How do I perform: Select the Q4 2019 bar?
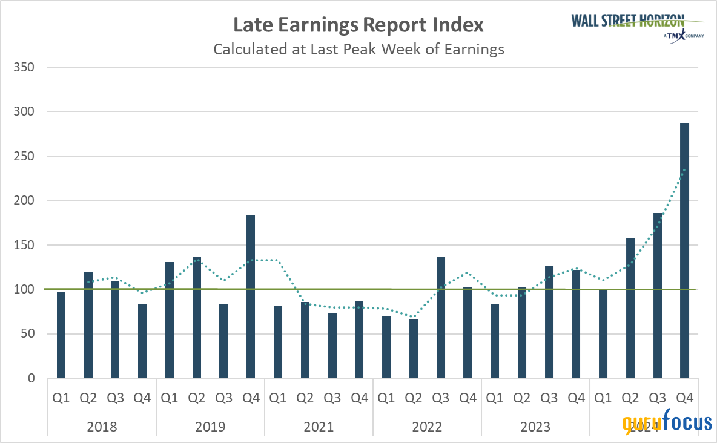point(251,297)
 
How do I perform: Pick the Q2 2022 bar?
point(413,348)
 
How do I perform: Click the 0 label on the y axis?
point(32,378)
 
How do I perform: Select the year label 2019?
point(210,427)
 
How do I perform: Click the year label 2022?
point(427,427)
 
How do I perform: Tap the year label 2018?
point(102,427)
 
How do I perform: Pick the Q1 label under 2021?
point(277,398)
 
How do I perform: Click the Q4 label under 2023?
point(576,398)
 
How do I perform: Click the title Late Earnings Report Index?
point(358,25)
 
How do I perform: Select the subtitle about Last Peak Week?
point(358,50)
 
